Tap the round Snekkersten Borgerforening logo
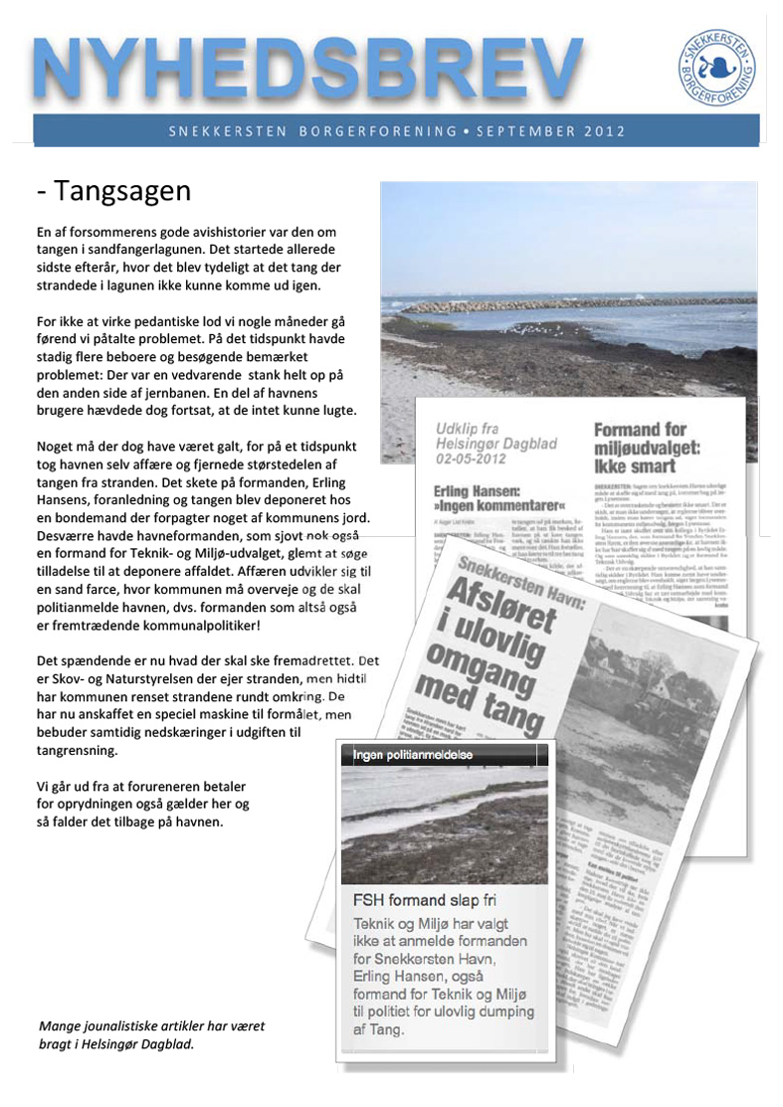(x=716, y=67)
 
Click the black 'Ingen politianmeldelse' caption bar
(x=444, y=755)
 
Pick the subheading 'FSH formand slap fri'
(x=425, y=899)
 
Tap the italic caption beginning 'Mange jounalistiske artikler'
(x=152, y=1034)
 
